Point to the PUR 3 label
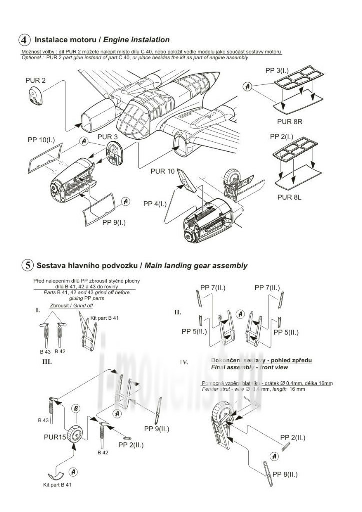coord(108,137)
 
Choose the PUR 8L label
coord(290,196)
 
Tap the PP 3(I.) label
coord(279,71)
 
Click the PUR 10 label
coord(162,171)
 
